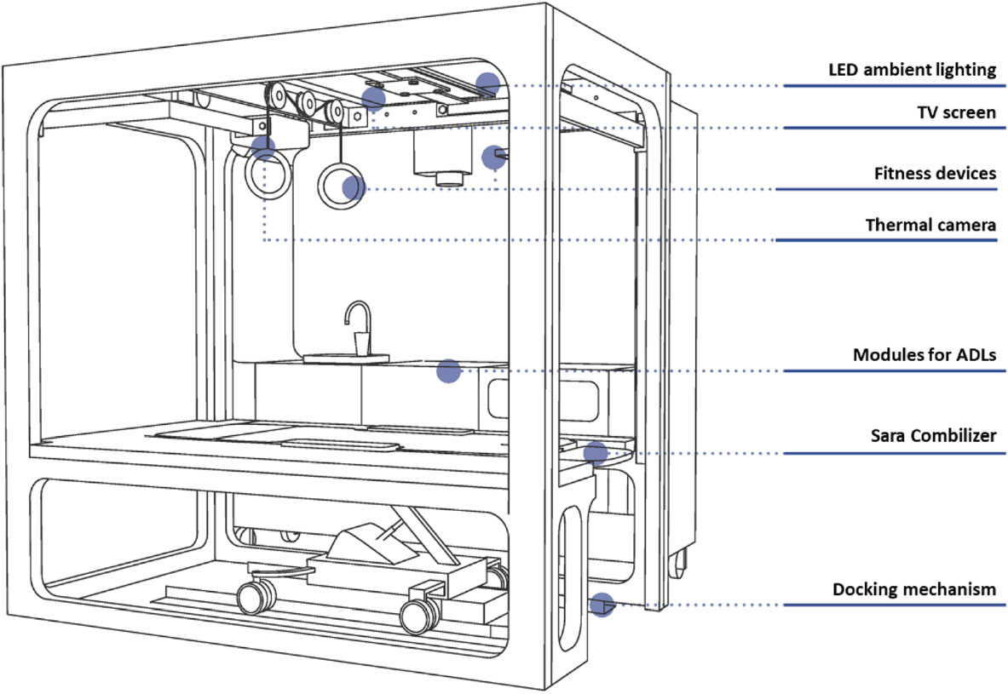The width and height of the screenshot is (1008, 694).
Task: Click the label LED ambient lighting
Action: (913, 70)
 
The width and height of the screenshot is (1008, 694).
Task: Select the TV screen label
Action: (957, 112)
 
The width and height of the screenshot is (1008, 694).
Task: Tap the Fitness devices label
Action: (935, 173)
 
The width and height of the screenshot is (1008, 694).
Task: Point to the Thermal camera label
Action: (930, 225)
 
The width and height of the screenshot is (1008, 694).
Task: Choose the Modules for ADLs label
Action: (924, 355)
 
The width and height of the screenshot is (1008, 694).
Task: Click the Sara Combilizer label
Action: (933, 436)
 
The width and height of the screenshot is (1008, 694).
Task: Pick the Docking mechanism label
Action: (914, 589)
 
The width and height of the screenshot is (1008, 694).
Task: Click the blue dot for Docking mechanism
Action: (602, 605)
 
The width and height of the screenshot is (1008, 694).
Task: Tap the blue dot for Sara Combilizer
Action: (596, 453)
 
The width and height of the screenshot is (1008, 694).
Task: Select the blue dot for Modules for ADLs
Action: (449, 371)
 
